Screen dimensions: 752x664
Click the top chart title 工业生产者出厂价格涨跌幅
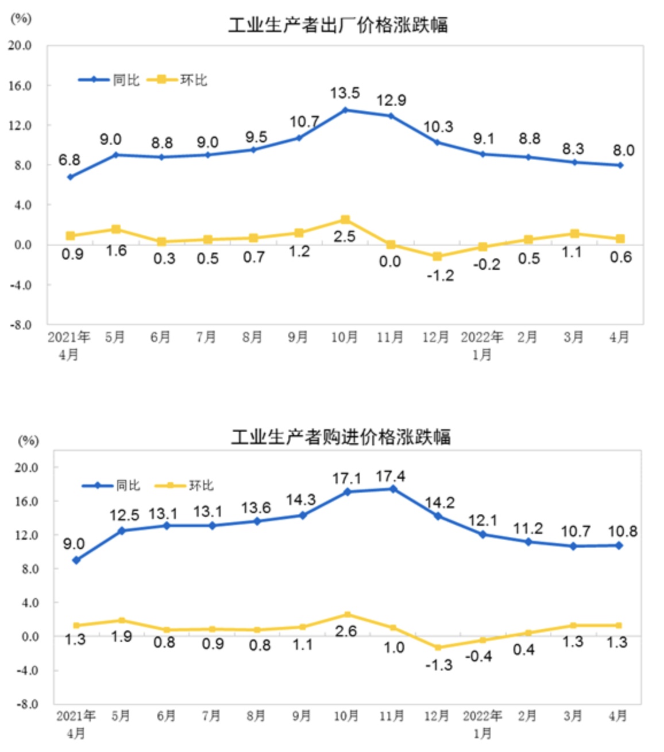tap(338, 25)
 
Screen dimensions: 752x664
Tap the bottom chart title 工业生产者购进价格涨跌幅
tap(341, 437)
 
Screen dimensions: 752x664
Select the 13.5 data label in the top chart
tap(345, 93)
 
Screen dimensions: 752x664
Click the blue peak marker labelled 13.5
tap(345, 110)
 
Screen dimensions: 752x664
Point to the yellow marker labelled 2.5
tap(345, 220)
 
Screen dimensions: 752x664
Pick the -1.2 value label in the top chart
tap(440, 276)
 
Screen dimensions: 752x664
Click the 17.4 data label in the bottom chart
tap(391, 476)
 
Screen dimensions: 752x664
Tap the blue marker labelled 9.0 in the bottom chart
tap(76, 560)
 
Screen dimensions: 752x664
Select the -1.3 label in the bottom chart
tap(438, 665)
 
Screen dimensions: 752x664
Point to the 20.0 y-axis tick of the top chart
tap(21, 45)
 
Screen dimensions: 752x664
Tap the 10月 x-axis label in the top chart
tap(344, 337)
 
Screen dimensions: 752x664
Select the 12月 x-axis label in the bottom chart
tap(437, 716)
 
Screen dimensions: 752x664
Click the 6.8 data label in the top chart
tap(70, 160)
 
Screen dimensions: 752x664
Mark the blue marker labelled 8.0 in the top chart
tap(620, 165)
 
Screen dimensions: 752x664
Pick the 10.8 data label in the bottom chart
tap(622, 531)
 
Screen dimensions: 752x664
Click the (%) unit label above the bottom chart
tap(28, 441)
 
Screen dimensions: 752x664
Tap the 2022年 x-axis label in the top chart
tap(482, 337)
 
